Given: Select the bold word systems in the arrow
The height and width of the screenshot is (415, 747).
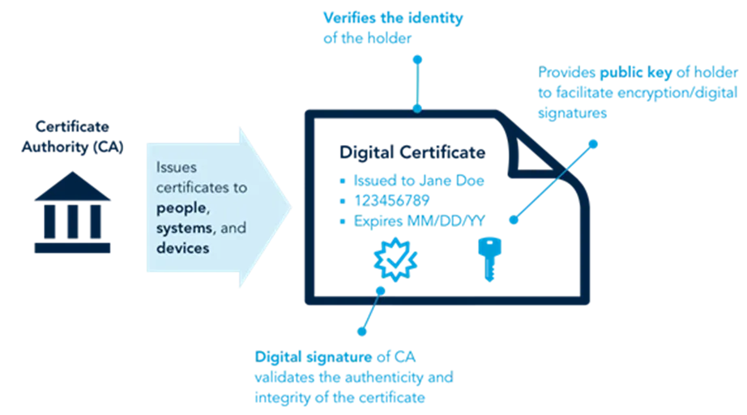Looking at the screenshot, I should coord(185,228).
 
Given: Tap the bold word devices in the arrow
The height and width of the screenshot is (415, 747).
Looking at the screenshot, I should coord(182,248).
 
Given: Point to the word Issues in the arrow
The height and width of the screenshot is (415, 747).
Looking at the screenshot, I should coord(178,166).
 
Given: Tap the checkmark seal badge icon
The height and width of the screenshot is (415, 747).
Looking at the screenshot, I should coord(391,259).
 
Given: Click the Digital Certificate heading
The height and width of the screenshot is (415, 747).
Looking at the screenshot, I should coord(412,152).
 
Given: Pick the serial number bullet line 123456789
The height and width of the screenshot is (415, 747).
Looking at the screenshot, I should coord(389,200).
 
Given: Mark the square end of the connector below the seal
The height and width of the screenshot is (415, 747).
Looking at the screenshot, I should coord(361,331).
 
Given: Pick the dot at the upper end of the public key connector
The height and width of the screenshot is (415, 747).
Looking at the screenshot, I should coord(593,143).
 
